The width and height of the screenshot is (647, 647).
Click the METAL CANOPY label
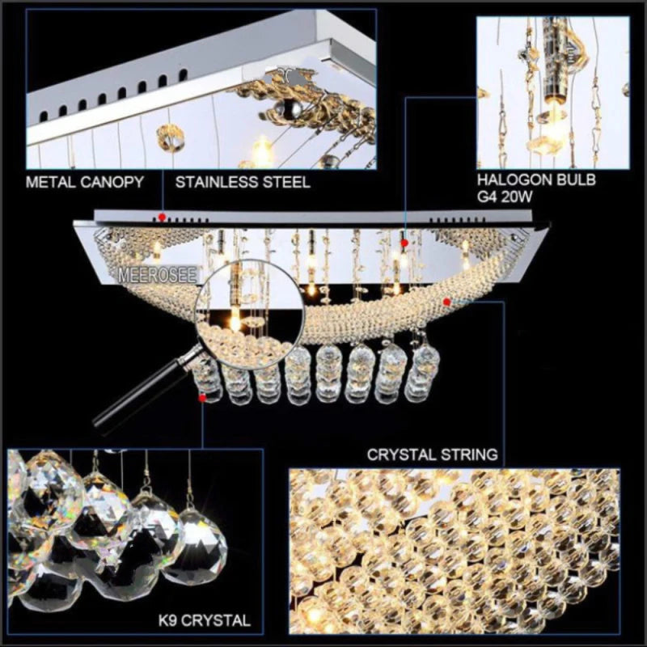point(85,182)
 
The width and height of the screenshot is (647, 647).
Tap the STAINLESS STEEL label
point(243,182)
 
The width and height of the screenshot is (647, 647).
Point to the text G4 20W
point(505,197)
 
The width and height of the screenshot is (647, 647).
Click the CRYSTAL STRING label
point(433,455)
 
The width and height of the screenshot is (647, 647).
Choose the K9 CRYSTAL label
point(205,620)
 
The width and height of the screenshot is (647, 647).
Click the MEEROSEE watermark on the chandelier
point(158,275)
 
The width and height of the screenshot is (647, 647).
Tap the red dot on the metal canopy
point(163,217)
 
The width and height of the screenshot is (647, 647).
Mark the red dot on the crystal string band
point(446,302)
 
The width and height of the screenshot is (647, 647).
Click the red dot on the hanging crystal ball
point(202,398)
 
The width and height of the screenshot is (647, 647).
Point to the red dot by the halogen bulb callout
point(404,243)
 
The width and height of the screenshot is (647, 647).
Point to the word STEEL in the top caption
point(287,182)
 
